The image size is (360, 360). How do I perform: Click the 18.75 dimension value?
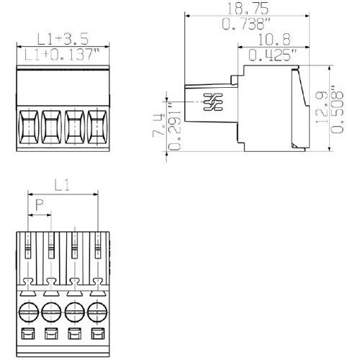[247, 9]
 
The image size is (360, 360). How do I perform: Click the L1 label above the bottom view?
[63, 186]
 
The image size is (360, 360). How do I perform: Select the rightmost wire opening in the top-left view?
[97, 127]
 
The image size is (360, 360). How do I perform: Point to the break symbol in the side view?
[213, 103]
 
